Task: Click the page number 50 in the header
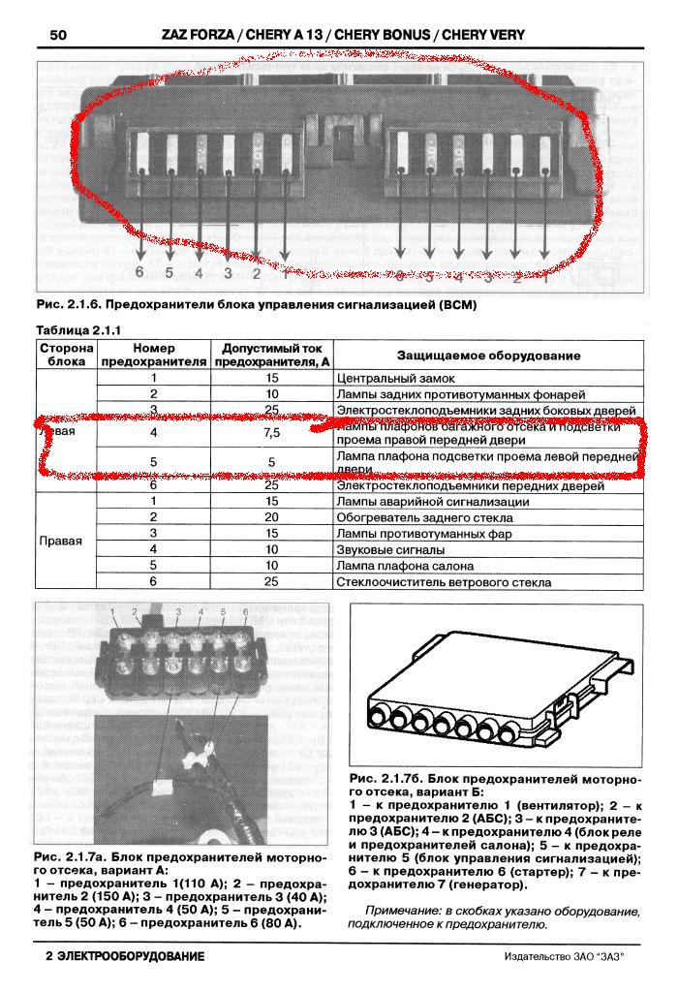coord(56,36)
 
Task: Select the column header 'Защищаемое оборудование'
coord(488,356)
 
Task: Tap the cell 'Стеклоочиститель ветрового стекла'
coord(443,582)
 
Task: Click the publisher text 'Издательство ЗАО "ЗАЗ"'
coord(565,957)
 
